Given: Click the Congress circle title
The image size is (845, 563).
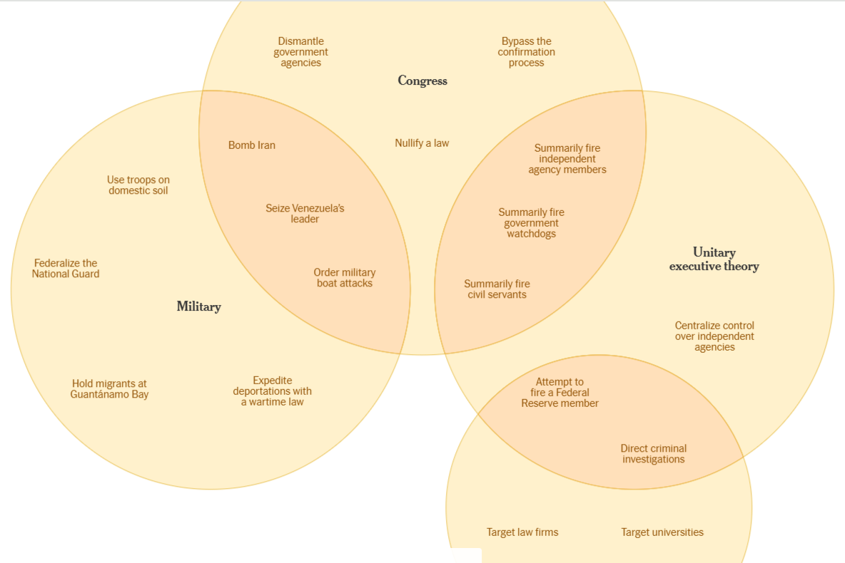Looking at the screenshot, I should tap(422, 81).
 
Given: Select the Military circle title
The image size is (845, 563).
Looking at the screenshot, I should tap(198, 306).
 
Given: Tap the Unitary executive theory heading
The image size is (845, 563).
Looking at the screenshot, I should tap(714, 259).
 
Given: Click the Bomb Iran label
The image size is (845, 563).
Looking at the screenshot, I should tap(251, 145).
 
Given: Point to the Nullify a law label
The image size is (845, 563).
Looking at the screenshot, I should tap(422, 143).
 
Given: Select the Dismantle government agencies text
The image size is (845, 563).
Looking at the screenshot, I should tap(300, 52).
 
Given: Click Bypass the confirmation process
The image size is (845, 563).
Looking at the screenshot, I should tap(526, 52).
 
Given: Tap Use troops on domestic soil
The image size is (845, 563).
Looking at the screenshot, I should tap(138, 185).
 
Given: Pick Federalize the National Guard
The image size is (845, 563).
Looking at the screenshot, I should tap(66, 269).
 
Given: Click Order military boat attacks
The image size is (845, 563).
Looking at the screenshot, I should tap(344, 278).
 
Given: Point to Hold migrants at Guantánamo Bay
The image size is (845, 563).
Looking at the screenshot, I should tap(109, 389).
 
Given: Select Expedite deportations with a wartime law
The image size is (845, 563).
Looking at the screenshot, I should tap(272, 391).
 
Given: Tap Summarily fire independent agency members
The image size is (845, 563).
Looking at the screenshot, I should tap(567, 159).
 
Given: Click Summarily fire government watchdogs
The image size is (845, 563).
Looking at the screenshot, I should tap(531, 223).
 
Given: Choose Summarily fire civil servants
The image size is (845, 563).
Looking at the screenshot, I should tap(497, 289).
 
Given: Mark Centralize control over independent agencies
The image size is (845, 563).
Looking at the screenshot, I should tap(714, 336).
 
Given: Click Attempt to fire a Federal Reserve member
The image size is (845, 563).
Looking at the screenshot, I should tap(560, 393).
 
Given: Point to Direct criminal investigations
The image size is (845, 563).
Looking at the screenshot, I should tap(653, 454).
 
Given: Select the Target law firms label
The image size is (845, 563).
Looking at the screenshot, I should tap(522, 532).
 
